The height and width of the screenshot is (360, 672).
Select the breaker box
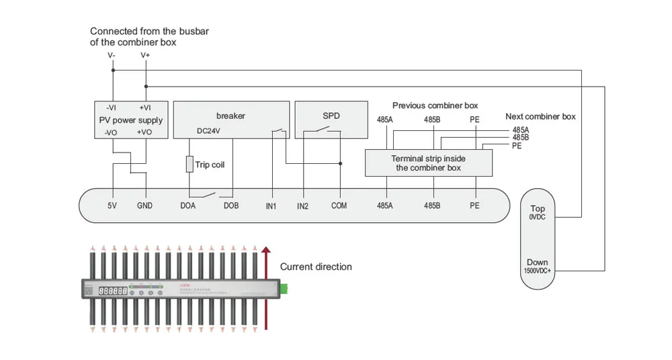point(231,120)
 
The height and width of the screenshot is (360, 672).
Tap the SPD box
point(331,120)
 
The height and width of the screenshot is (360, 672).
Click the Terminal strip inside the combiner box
point(428,163)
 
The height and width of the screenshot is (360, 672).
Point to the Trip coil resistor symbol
point(190,165)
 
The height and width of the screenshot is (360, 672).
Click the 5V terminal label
point(112,206)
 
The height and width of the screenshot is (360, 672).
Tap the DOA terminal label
point(187,206)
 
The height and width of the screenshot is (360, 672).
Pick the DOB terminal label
point(231,206)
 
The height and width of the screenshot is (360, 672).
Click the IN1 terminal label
point(271,206)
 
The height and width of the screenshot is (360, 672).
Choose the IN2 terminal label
point(303,206)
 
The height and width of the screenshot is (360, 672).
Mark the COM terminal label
point(339,206)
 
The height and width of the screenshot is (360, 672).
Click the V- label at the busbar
point(112,55)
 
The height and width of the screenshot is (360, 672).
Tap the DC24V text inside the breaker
point(208,131)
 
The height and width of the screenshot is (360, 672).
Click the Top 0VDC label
point(538,213)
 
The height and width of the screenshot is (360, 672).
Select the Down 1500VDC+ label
point(538,266)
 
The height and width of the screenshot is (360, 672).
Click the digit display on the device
point(111,291)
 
